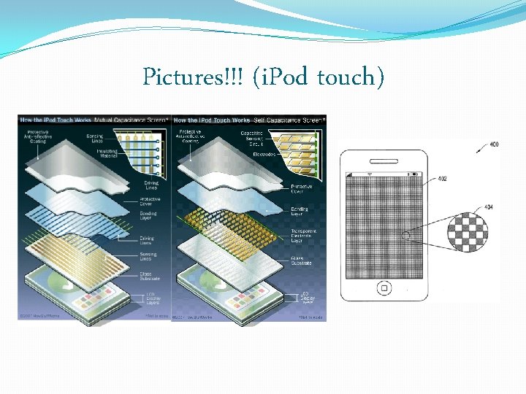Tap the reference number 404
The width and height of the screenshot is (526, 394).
pos(488,207)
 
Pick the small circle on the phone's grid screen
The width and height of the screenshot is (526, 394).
pos(406,236)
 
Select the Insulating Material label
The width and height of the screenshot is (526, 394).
pos(107,154)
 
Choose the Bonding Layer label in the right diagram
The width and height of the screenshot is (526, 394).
pos(300,212)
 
